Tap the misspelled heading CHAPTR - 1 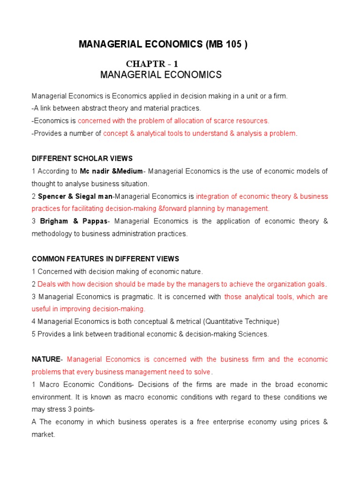point(152,64)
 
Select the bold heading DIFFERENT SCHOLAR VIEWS point(82,158)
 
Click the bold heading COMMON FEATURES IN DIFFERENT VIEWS point(105,259)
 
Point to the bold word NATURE point(46,360)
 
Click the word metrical point(180,322)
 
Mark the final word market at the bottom point(43,435)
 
